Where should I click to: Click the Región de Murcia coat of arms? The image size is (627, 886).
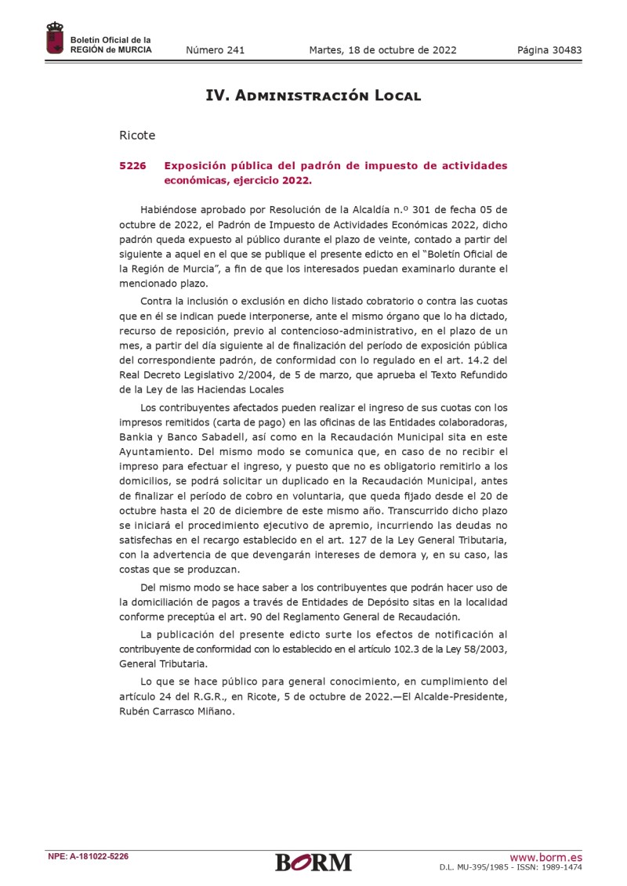(55, 39)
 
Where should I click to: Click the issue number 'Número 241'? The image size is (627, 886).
(215, 50)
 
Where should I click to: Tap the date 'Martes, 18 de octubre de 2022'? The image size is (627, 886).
(382, 50)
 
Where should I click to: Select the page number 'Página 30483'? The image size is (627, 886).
(549, 50)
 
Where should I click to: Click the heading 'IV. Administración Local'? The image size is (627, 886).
(313, 96)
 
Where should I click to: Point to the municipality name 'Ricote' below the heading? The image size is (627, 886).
(137, 135)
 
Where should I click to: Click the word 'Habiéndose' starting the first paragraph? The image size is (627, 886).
(170, 209)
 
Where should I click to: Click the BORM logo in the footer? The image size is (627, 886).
(313, 862)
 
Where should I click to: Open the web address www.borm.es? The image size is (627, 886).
(545, 856)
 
